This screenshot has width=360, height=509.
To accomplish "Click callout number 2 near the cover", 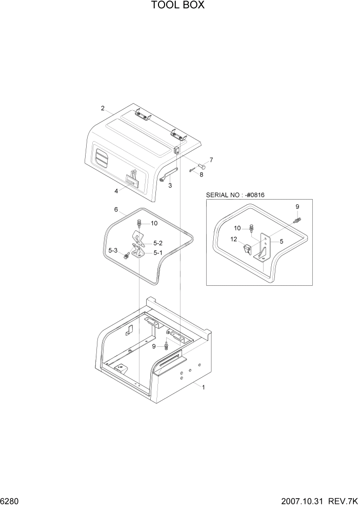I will coord(103,108).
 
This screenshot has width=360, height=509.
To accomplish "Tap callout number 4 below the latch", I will coord(116,191).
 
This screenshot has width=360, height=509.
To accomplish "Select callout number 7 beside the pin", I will coord(211,160).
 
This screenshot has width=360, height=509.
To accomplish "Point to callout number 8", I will coord(201,174).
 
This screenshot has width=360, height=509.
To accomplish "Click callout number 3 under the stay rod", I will coord(170,185).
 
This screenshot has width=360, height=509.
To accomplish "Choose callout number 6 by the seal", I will coord(116,209).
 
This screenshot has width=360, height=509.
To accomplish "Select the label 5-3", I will coord(112,250).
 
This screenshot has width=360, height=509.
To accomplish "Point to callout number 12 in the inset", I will coord(233,239).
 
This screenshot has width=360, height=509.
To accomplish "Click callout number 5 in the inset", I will coord(281,241).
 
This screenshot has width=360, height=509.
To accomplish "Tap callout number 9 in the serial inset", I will coord(297,206).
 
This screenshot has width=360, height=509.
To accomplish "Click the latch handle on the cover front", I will coord(132,179).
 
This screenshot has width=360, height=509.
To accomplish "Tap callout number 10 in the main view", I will coord(154,223).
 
